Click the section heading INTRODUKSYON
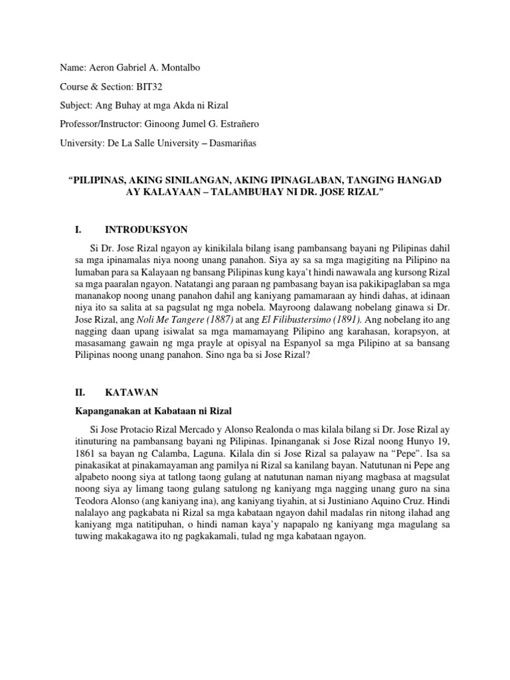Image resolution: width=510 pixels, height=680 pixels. click(146, 230)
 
